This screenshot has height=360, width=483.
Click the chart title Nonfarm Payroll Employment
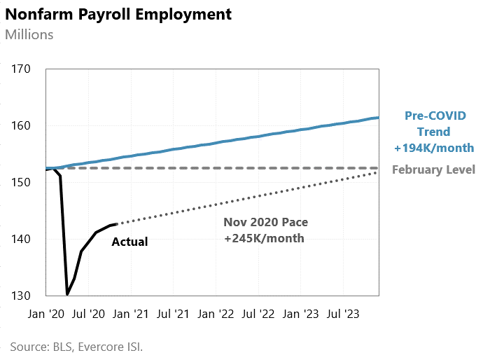[118, 14]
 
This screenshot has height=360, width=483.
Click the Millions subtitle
[29, 34]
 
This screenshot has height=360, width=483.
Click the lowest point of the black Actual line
[67, 294]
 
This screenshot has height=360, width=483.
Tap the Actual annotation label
[130, 242]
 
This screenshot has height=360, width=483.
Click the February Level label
[433, 169]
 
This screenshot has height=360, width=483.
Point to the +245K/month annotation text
[265, 238]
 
